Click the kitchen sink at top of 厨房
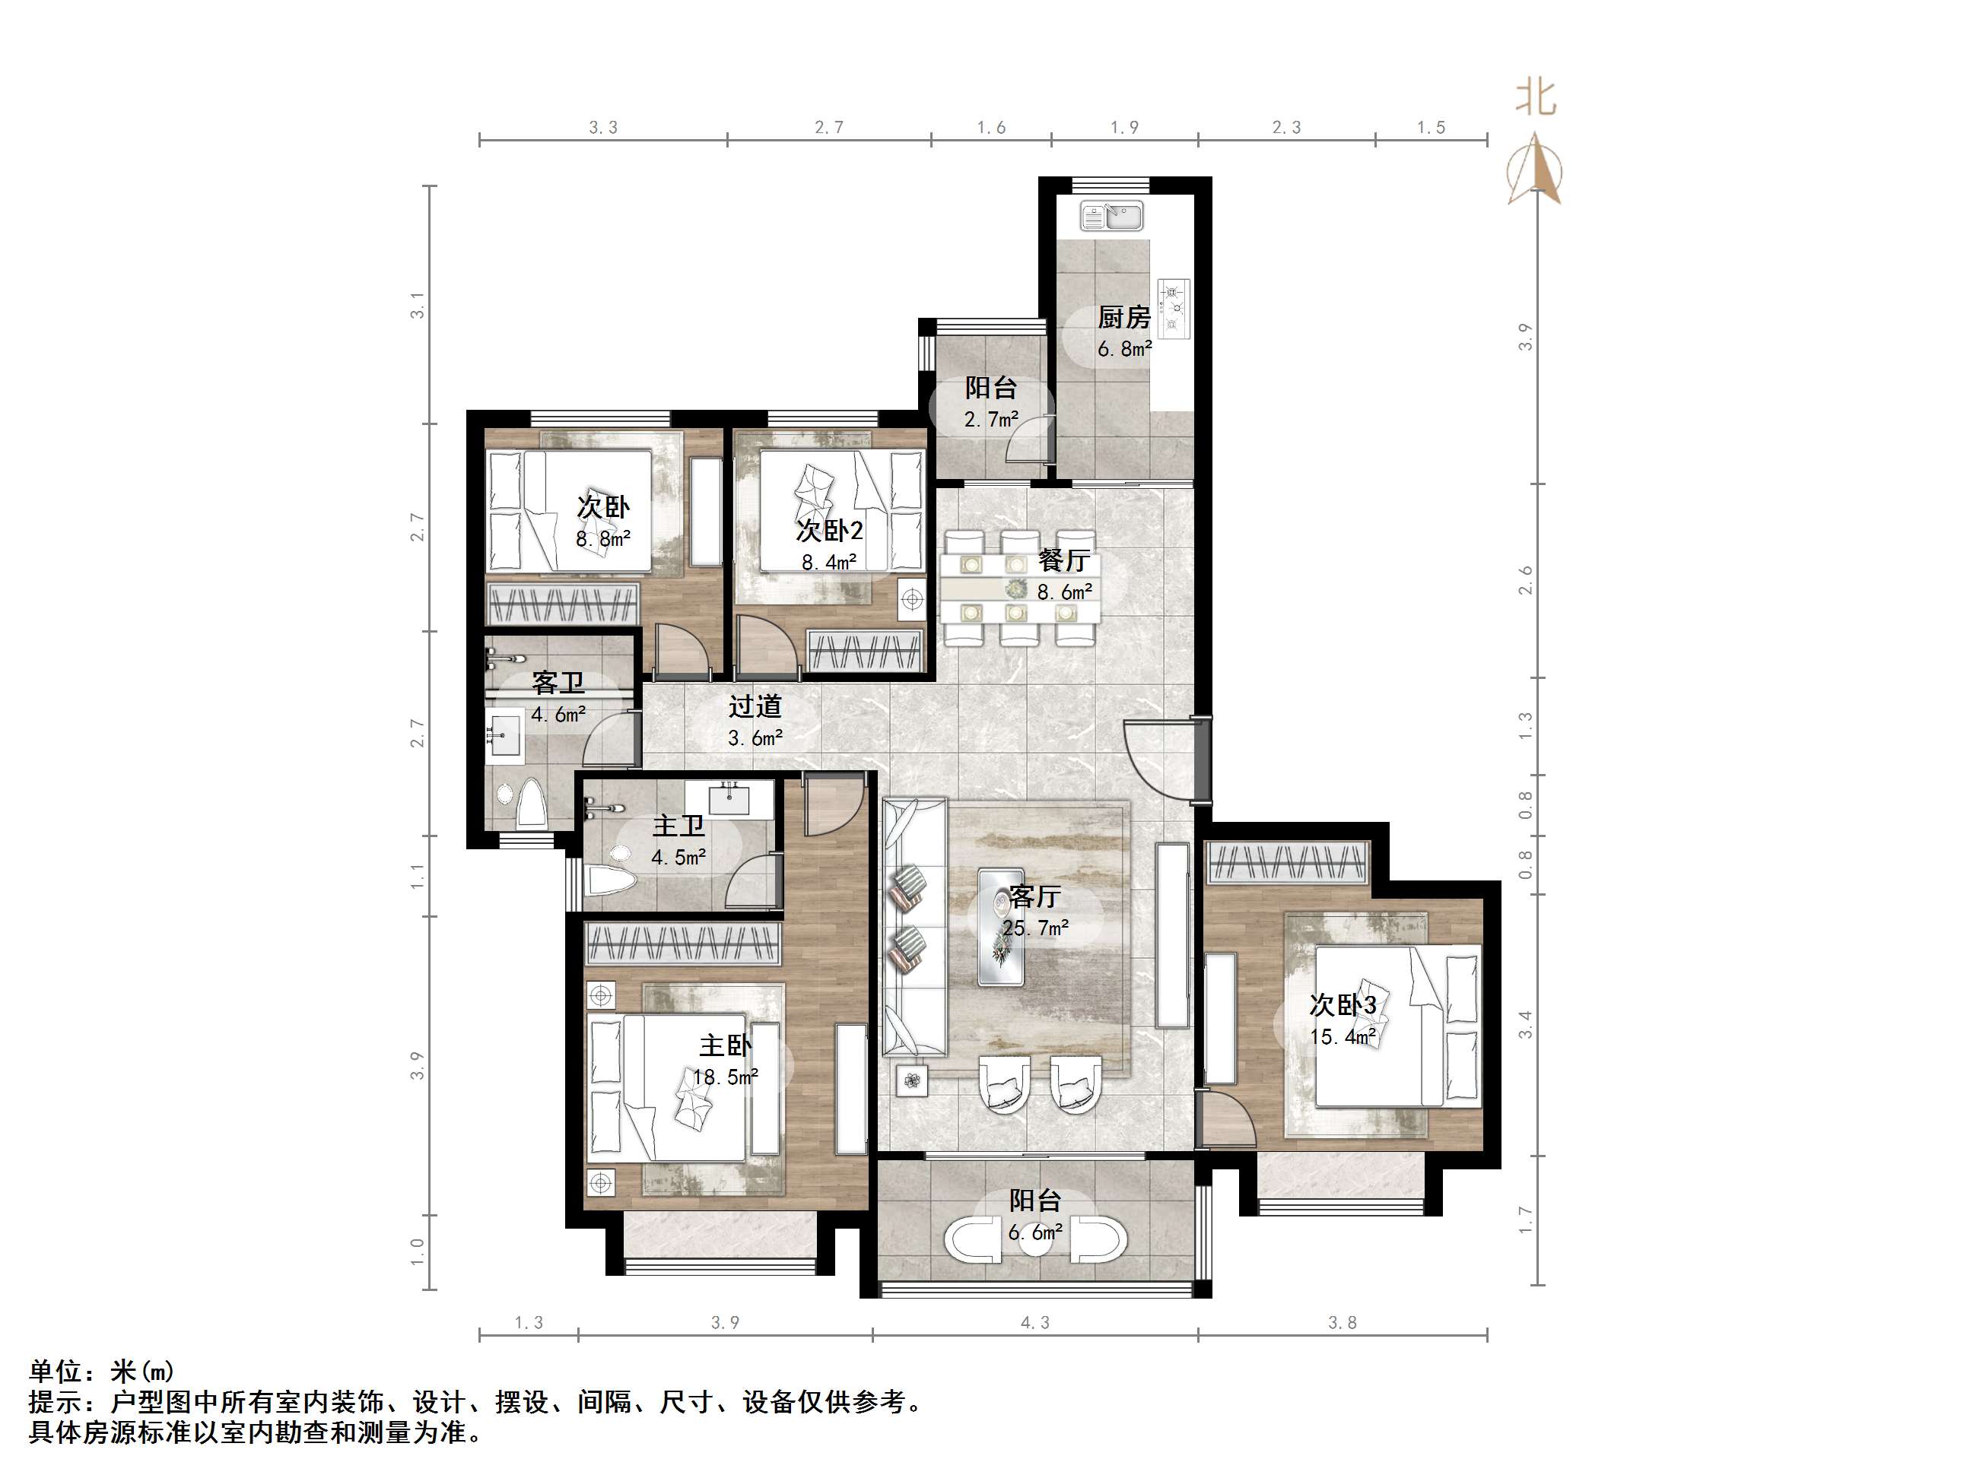(1111, 216)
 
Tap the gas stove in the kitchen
(1174, 309)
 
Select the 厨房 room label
(1124, 316)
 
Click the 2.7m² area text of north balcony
(990, 419)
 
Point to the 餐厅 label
(1063, 561)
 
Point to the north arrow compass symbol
(1534, 169)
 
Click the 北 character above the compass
(1536, 98)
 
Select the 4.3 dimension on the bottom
(1034, 1323)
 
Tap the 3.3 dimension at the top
(603, 128)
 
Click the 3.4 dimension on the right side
(1526, 1024)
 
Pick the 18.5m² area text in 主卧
(726, 1077)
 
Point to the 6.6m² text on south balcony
(1035, 1233)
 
